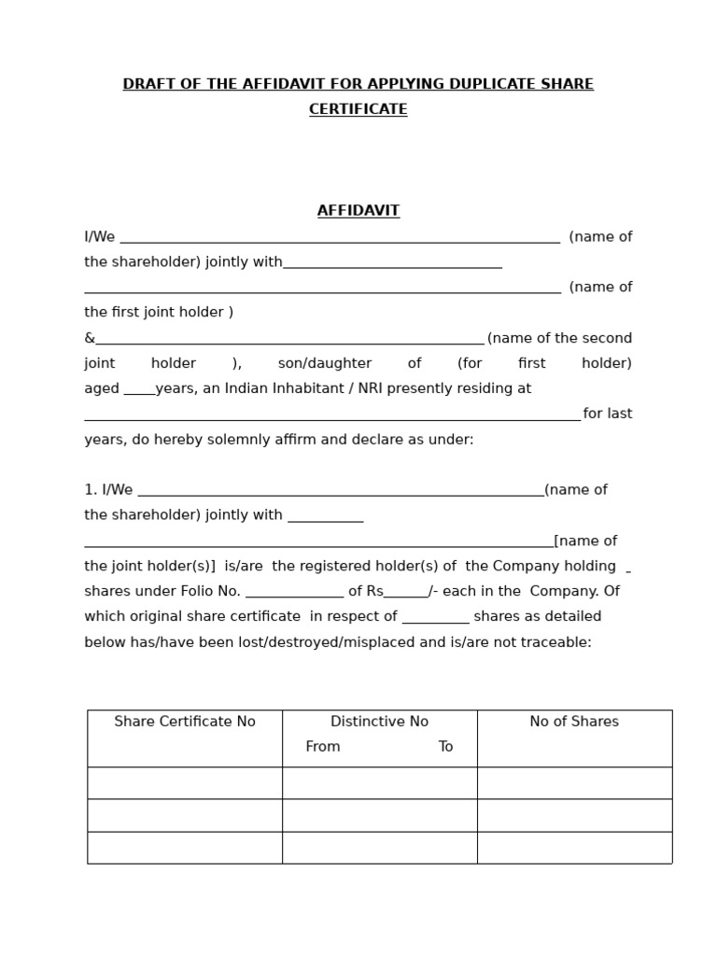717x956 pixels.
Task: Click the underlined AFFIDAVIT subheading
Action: coord(358,211)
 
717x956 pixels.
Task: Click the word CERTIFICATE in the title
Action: coord(358,109)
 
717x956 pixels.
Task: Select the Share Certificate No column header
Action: coord(185,722)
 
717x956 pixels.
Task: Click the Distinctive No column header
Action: coord(379,722)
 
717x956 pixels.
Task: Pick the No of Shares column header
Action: coord(574,722)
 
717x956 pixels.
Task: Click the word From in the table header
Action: coord(323,747)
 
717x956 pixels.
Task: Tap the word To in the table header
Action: coord(445,747)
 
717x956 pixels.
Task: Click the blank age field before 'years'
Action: coord(139,390)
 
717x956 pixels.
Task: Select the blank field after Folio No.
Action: coord(294,593)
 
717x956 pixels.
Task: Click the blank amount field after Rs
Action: coord(406,593)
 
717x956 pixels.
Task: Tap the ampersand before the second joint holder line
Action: coord(90,338)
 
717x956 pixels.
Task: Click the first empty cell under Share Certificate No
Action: coord(185,783)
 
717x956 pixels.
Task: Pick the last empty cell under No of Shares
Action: coord(574,848)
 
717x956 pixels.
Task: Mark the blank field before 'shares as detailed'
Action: coord(436,618)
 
